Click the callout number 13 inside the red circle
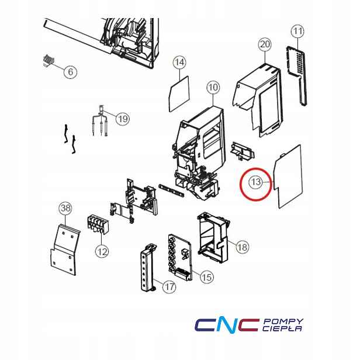(x=255, y=182)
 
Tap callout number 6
(x=70, y=72)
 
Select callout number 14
(x=179, y=62)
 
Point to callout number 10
(x=213, y=87)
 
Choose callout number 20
(x=265, y=44)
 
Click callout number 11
(x=298, y=31)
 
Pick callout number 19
(x=123, y=119)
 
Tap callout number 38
(x=65, y=208)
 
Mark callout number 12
(x=102, y=252)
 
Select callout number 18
(x=242, y=247)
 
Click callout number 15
(x=207, y=277)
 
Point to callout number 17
(x=169, y=287)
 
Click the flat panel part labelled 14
(x=179, y=94)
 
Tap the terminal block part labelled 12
(x=98, y=224)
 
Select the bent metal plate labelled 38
(x=65, y=250)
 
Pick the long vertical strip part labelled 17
(x=148, y=268)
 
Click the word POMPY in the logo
(x=283, y=321)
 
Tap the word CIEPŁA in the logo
(x=282, y=328)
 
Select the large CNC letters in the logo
(x=227, y=325)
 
